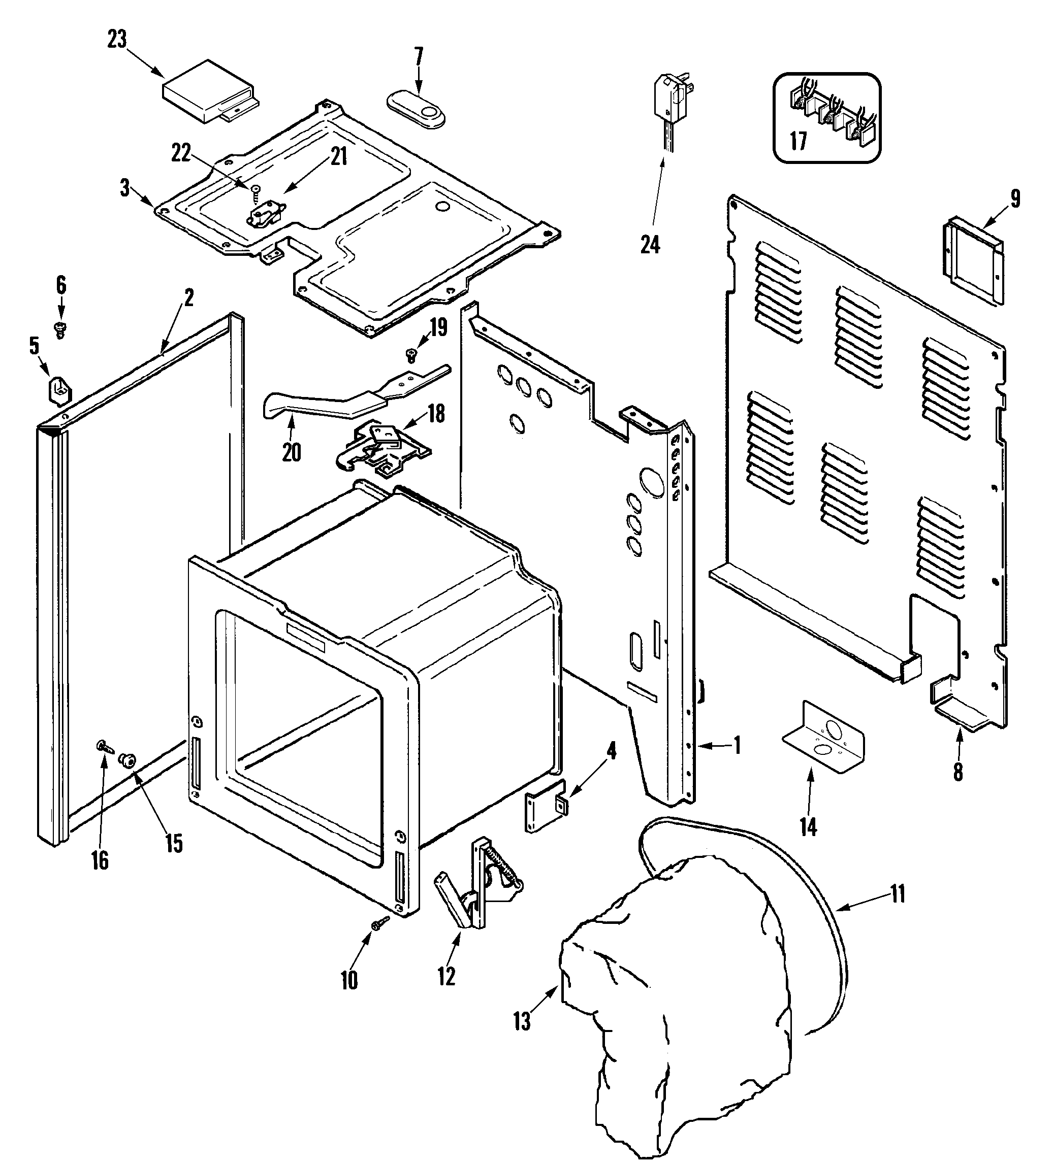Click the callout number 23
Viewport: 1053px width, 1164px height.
(x=117, y=40)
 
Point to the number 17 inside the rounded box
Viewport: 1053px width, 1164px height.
(x=799, y=140)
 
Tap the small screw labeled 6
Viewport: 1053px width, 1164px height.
(x=60, y=329)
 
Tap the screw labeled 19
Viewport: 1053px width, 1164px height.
(x=411, y=355)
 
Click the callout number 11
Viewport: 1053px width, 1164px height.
(x=897, y=894)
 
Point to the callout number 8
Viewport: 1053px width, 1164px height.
(x=958, y=772)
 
